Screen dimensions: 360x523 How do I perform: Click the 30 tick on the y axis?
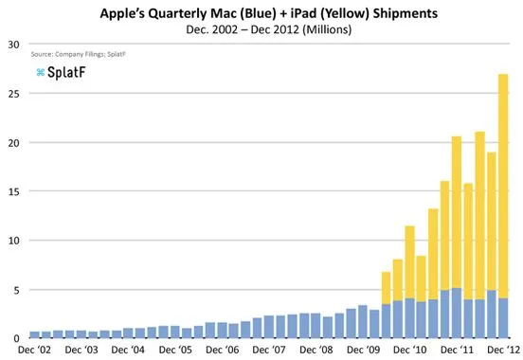[x=14, y=45]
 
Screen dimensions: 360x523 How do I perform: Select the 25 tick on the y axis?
[x=14, y=94]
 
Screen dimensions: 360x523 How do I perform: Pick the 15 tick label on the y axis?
[x=14, y=191]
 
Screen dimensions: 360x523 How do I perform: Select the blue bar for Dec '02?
[x=34, y=334]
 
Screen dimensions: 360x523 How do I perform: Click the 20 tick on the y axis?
[x=14, y=142]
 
